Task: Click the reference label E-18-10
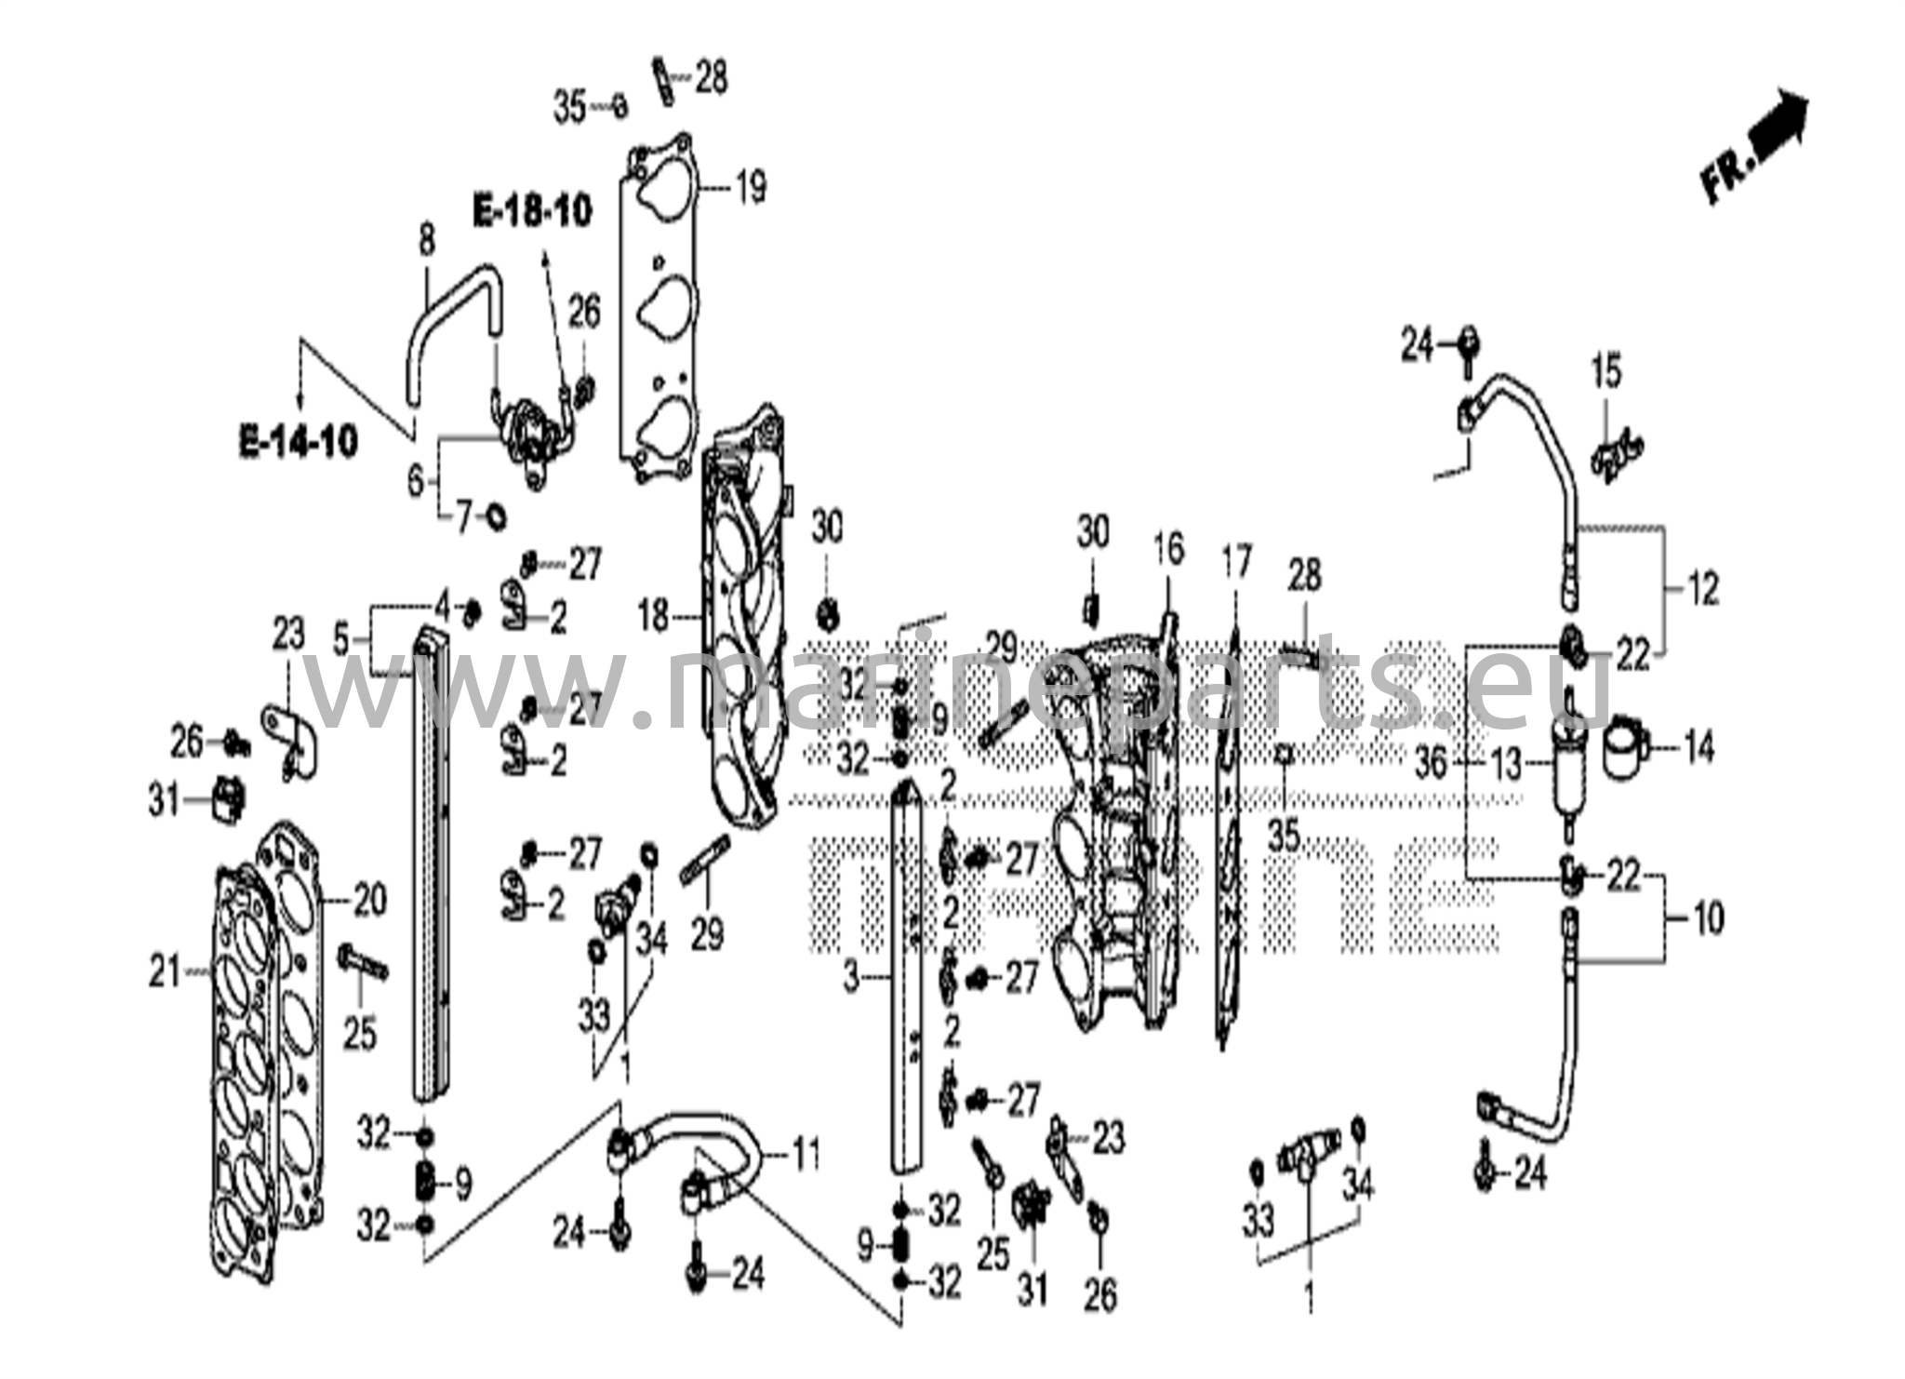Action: pyautogui.click(x=532, y=212)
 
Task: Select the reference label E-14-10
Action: pyautogui.click(x=299, y=442)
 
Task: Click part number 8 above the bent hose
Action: pyautogui.click(x=426, y=241)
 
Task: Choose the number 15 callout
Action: pyautogui.click(x=1605, y=370)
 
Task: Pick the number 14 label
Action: pyautogui.click(x=1699, y=748)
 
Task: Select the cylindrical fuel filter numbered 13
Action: pyautogui.click(x=1567, y=771)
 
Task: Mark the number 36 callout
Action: pyautogui.click(x=1431, y=764)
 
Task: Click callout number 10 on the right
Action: pyautogui.click(x=1709, y=918)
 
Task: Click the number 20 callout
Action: pyautogui.click(x=368, y=901)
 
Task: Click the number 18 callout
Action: pyautogui.click(x=654, y=615)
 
